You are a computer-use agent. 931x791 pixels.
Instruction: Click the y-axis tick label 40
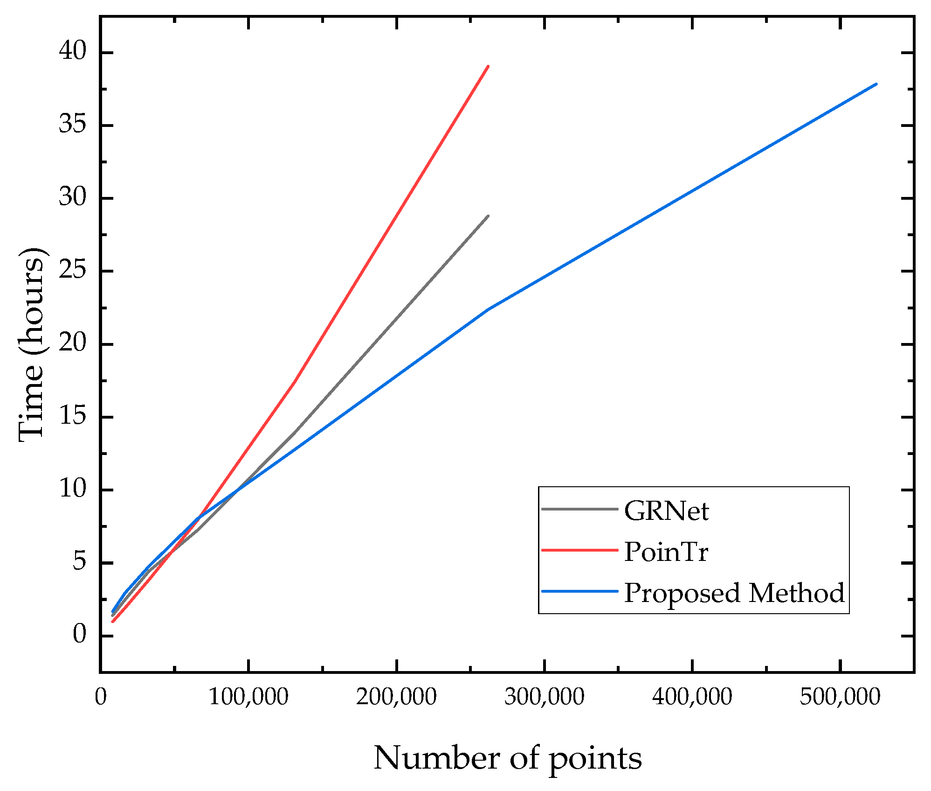pyautogui.click(x=73, y=50)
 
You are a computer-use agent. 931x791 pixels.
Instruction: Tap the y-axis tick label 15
pyautogui.click(x=73, y=415)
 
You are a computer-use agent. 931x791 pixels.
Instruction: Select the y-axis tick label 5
pyautogui.click(x=79, y=561)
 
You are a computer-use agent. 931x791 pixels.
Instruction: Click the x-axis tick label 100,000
pyautogui.click(x=248, y=697)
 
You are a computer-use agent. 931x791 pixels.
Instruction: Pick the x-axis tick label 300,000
pyautogui.click(x=544, y=697)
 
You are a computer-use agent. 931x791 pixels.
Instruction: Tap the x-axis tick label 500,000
pyautogui.click(x=840, y=697)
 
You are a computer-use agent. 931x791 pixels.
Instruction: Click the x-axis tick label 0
pyautogui.click(x=100, y=697)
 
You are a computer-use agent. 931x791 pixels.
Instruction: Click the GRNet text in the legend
pyautogui.click(x=666, y=511)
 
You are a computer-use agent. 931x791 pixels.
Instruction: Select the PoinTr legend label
pyautogui.click(x=666, y=552)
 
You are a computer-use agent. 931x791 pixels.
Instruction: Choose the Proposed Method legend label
pyautogui.click(x=734, y=593)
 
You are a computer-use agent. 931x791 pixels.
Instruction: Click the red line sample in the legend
pyautogui.click(x=580, y=550)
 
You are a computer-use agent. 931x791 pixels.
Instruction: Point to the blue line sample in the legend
pyautogui.click(x=580, y=591)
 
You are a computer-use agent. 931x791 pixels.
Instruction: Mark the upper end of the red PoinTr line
pyautogui.click(x=488, y=66)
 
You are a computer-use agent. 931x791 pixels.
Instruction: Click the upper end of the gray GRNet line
pyautogui.click(x=488, y=216)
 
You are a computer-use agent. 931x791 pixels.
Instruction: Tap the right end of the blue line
pyautogui.click(x=876, y=84)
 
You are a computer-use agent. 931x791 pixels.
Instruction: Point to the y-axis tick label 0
pyautogui.click(x=79, y=634)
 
